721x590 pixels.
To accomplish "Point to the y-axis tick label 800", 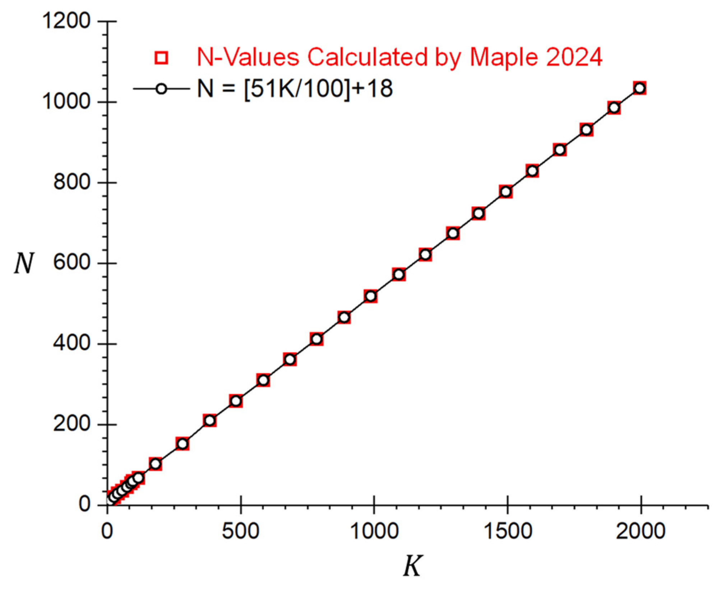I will pos(71,182).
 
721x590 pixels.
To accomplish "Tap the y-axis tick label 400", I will pos(71,343).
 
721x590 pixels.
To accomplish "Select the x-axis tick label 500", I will pos(240,531).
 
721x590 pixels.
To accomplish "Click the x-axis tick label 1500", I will pos(508,531).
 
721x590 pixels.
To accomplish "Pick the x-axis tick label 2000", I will pos(641,531).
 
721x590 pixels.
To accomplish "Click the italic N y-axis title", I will pos(24,263).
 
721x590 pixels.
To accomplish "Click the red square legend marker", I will pos(161,57).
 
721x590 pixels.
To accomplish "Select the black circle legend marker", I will pos(161,88).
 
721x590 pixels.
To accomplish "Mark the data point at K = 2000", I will pos(640,88).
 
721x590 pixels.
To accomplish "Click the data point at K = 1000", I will pos(371,296).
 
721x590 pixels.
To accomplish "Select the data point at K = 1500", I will pos(506,192).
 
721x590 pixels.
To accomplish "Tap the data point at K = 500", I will pos(236,401).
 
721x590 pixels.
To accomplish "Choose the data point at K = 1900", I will pos(614,108).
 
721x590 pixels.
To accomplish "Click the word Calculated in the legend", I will pos(368,57).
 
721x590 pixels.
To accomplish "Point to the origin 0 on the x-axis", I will pos(107,531).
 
